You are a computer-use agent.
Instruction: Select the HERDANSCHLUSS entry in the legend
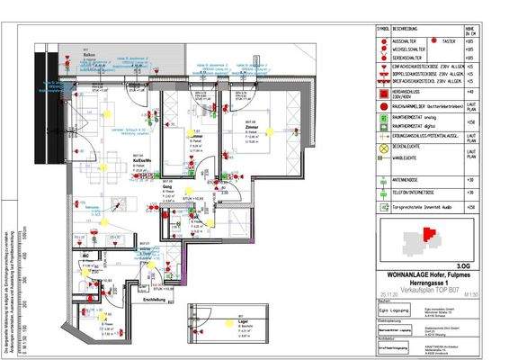tap(410, 91)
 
